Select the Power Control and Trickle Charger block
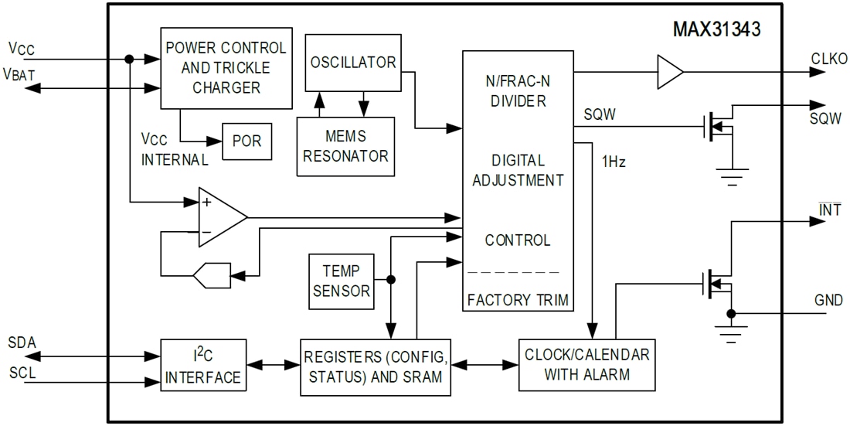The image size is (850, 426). click(x=226, y=68)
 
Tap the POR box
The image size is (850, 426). click(x=246, y=141)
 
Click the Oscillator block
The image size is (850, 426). click(x=353, y=63)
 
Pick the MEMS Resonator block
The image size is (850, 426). click(x=346, y=146)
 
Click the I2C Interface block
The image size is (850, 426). click(x=203, y=366)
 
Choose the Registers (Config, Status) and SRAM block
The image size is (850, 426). click(x=374, y=366)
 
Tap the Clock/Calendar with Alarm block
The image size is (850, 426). click(x=587, y=365)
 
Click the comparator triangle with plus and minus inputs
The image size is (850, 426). click(x=219, y=217)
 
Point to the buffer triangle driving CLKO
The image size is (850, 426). click(x=668, y=72)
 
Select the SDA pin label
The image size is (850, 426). click(x=22, y=342)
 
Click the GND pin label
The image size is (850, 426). click(x=828, y=300)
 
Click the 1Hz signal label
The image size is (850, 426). click(x=613, y=163)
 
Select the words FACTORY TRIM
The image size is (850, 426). click(x=517, y=299)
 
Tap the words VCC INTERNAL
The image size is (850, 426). click(x=174, y=150)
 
